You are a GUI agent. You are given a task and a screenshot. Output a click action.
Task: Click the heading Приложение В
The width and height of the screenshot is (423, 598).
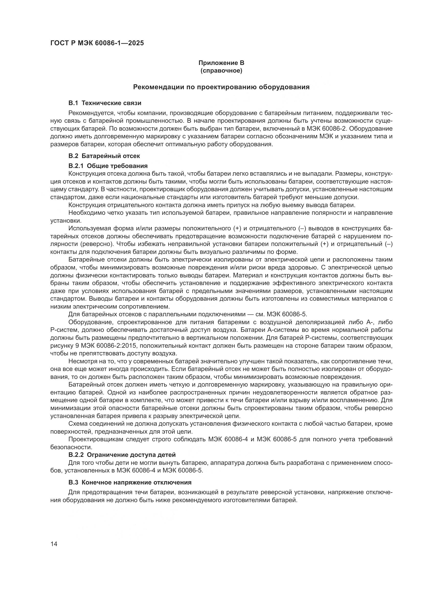(x=221, y=63)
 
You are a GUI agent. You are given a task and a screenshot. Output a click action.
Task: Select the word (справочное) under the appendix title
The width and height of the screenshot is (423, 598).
(x=221, y=71)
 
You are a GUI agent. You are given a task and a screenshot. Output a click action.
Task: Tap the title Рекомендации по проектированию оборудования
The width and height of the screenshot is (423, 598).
(x=221, y=87)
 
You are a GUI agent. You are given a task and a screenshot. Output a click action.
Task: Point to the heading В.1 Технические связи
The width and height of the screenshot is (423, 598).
(x=105, y=103)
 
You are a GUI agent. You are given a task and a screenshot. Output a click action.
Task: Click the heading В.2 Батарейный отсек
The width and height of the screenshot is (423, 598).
(x=104, y=156)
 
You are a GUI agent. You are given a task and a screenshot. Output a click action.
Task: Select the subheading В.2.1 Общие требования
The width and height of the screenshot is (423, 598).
(x=108, y=166)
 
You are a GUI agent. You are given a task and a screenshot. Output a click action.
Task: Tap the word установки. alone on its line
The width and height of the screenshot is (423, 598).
(x=66, y=221)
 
